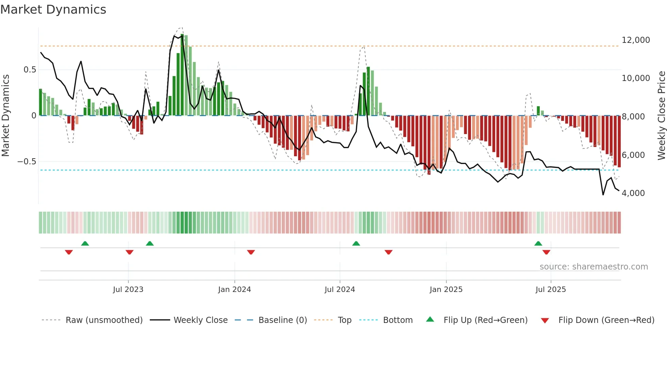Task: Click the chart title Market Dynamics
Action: tap(53, 10)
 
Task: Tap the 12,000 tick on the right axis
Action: tap(635, 40)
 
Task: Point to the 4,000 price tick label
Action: tap(633, 193)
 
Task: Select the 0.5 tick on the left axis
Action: tap(30, 70)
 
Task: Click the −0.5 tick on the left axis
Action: tap(27, 162)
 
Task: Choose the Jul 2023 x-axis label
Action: tap(128, 290)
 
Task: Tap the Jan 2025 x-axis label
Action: tap(446, 290)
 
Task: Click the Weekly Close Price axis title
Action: tap(661, 115)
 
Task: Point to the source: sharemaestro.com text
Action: tap(593, 267)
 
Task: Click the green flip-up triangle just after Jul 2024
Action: tap(356, 244)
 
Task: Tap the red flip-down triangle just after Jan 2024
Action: tap(251, 252)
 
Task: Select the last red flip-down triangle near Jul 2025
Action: tap(546, 252)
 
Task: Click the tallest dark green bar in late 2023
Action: tap(182, 75)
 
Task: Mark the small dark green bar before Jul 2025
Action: tap(538, 111)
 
